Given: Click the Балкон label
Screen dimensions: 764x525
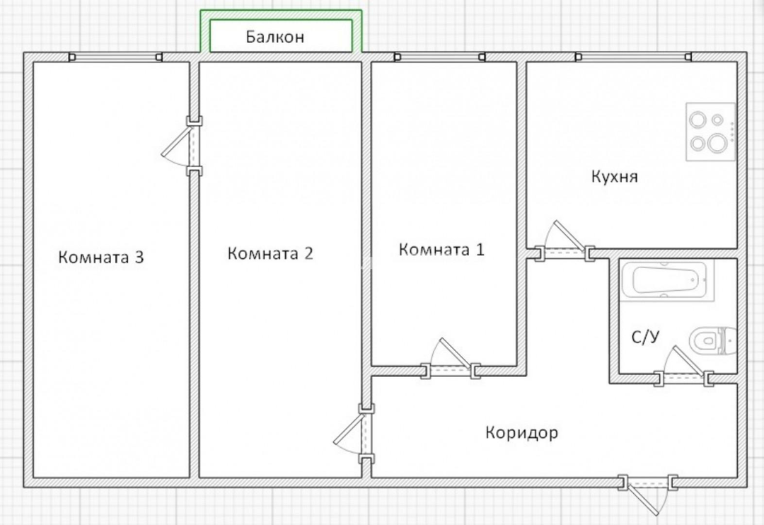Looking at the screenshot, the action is tap(274, 37).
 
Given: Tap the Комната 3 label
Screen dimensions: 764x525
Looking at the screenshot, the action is tap(101, 257).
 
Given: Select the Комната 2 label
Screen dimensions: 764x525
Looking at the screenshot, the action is tap(270, 253).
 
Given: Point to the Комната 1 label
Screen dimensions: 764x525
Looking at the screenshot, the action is tap(442, 249).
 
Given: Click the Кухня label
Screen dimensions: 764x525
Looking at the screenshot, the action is tap(615, 176).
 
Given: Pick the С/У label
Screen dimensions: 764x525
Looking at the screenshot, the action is tap(646, 337).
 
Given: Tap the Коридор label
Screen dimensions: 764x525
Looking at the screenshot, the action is tap(522, 432).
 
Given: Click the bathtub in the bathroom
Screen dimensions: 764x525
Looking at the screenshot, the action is tap(666, 280).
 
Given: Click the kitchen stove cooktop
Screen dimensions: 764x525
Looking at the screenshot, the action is tap(710, 132).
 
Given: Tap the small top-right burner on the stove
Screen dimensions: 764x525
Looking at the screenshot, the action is tap(717, 119).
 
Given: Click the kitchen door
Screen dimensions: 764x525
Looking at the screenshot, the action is tap(564, 242).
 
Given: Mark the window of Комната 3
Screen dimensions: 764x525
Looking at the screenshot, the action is tap(115, 57).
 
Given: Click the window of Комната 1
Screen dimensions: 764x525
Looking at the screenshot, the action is tap(439, 57).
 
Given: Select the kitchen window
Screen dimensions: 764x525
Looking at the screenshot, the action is tap(633, 57).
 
